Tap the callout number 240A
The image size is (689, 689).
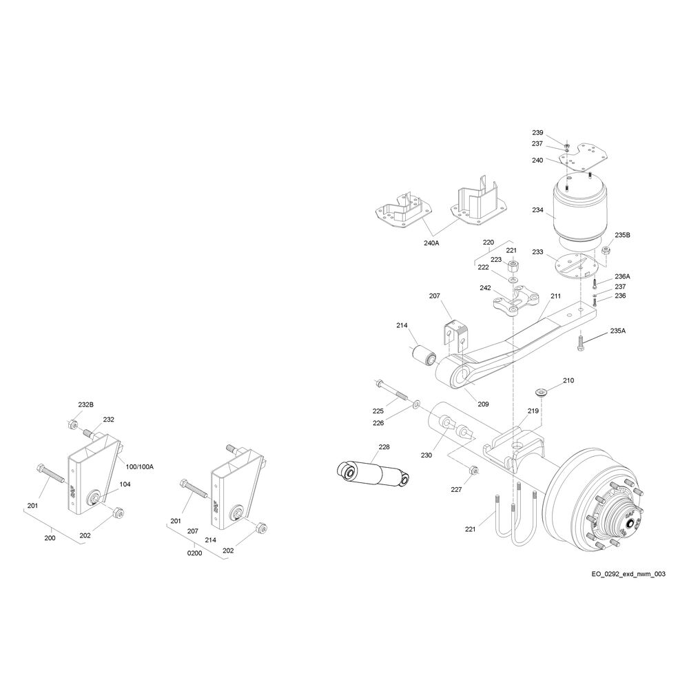pos(431,243)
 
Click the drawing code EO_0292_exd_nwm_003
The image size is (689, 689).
pos(628,574)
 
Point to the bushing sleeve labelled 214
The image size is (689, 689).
pos(423,355)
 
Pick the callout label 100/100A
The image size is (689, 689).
pos(140,466)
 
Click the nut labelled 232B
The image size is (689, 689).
pos(73,425)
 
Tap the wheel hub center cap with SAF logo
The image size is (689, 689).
pos(632,523)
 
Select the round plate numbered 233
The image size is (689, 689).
pos(577,267)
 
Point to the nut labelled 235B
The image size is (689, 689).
pos(605,250)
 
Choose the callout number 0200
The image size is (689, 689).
pos(195,553)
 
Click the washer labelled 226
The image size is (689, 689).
pos(415,402)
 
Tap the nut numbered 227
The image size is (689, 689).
pos(474,470)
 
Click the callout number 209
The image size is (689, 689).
pos(483,404)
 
